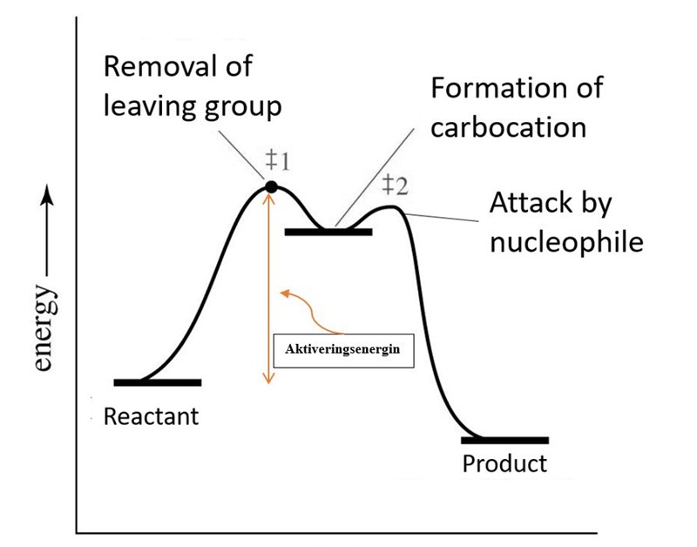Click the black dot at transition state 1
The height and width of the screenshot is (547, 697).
(271, 186)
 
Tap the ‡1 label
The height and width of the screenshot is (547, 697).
(278, 161)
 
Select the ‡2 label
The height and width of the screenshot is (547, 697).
(395, 185)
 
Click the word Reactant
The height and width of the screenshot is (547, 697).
(151, 416)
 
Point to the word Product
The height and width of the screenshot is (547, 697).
(504, 463)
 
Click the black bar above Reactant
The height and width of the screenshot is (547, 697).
(158, 382)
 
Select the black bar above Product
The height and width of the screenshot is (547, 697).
(505, 441)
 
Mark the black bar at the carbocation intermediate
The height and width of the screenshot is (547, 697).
(328, 232)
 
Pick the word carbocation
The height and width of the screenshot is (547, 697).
(508, 126)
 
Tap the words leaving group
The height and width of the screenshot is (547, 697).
(193, 107)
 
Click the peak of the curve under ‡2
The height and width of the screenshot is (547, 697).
(392, 206)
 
